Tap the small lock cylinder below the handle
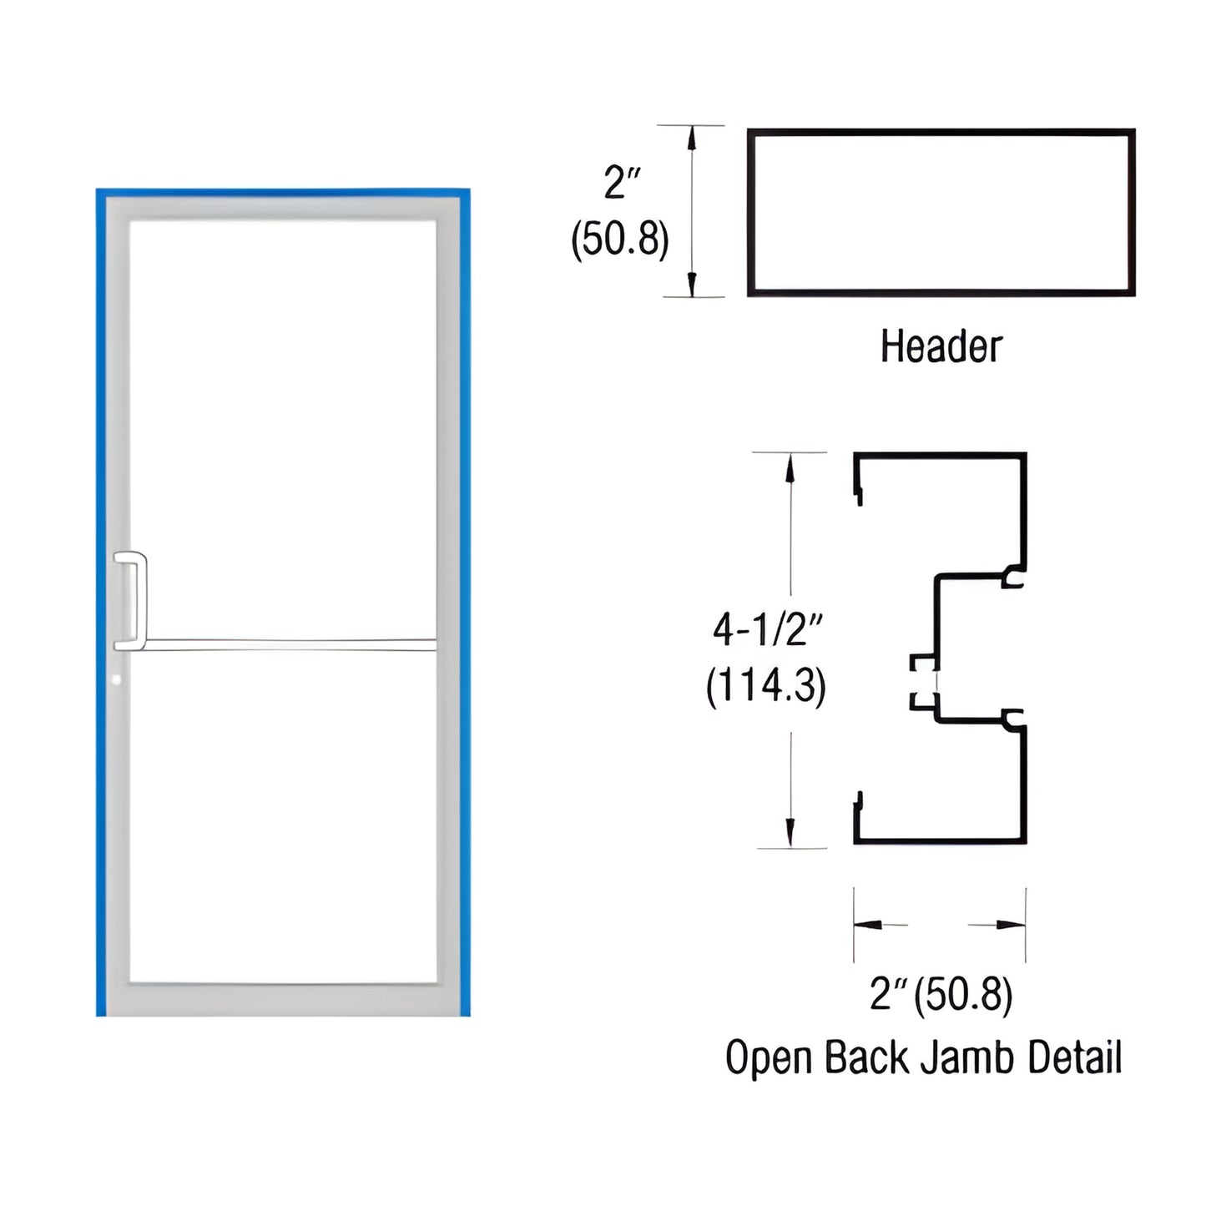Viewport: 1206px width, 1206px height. (117, 679)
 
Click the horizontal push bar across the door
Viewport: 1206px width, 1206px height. (288, 644)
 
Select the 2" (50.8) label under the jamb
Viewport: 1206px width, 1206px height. (941, 994)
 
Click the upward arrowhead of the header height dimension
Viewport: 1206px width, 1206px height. (691, 138)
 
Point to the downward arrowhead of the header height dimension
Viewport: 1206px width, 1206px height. (691, 285)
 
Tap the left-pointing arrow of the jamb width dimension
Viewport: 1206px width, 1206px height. (868, 924)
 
